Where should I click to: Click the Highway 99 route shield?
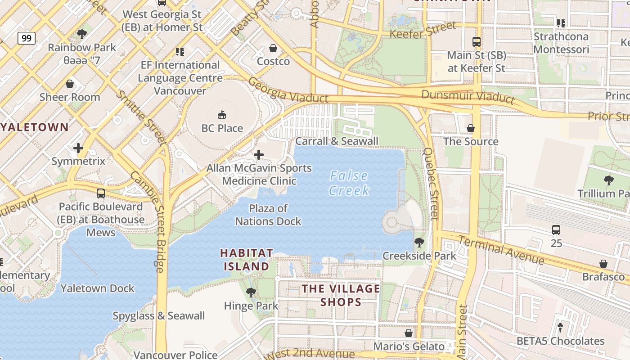click(27, 38)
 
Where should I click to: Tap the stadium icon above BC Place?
click(222, 115)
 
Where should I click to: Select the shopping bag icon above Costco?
click(273, 48)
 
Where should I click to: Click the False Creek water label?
click(349, 183)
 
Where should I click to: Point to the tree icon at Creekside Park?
click(419, 243)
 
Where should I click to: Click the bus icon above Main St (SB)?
click(477, 42)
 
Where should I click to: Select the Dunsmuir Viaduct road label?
click(468, 96)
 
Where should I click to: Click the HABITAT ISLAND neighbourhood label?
click(246, 260)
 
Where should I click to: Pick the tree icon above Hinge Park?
click(251, 292)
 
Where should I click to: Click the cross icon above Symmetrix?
click(78, 148)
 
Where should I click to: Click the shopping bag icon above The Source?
click(471, 128)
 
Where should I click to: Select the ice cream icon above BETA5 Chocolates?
click(560, 327)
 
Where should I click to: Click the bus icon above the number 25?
click(556, 229)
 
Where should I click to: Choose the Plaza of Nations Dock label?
click(268, 215)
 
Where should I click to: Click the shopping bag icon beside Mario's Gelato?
click(409, 333)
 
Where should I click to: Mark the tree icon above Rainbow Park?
click(82, 34)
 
